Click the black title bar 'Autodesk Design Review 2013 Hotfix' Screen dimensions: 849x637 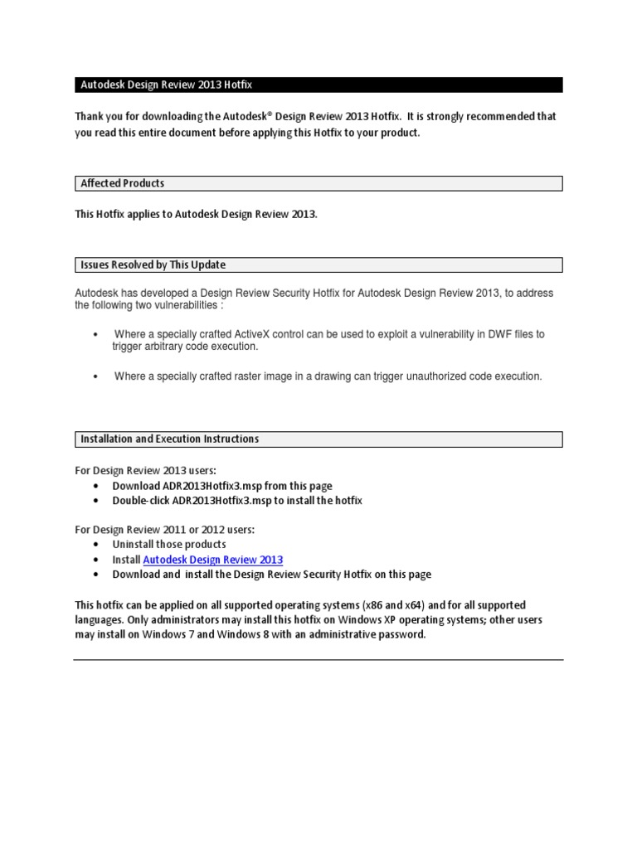tap(318, 85)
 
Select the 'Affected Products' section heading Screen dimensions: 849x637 tap(122, 183)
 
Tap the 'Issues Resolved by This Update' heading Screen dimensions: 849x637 tap(153, 264)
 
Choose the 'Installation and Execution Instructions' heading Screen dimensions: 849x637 tap(169, 439)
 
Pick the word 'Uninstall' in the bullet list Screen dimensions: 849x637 tap(134, 544)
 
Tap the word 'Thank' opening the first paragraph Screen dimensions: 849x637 tap(90, 117)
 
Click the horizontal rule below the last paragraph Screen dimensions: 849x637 tap(318, 660)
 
